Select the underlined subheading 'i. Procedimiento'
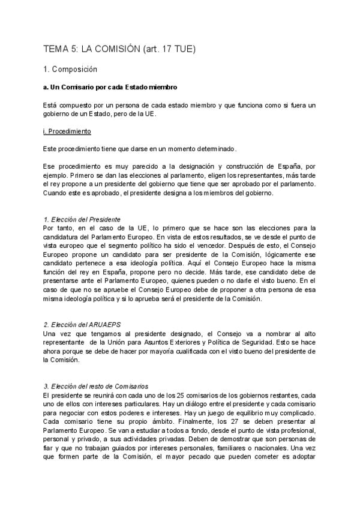67,131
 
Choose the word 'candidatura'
63,237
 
